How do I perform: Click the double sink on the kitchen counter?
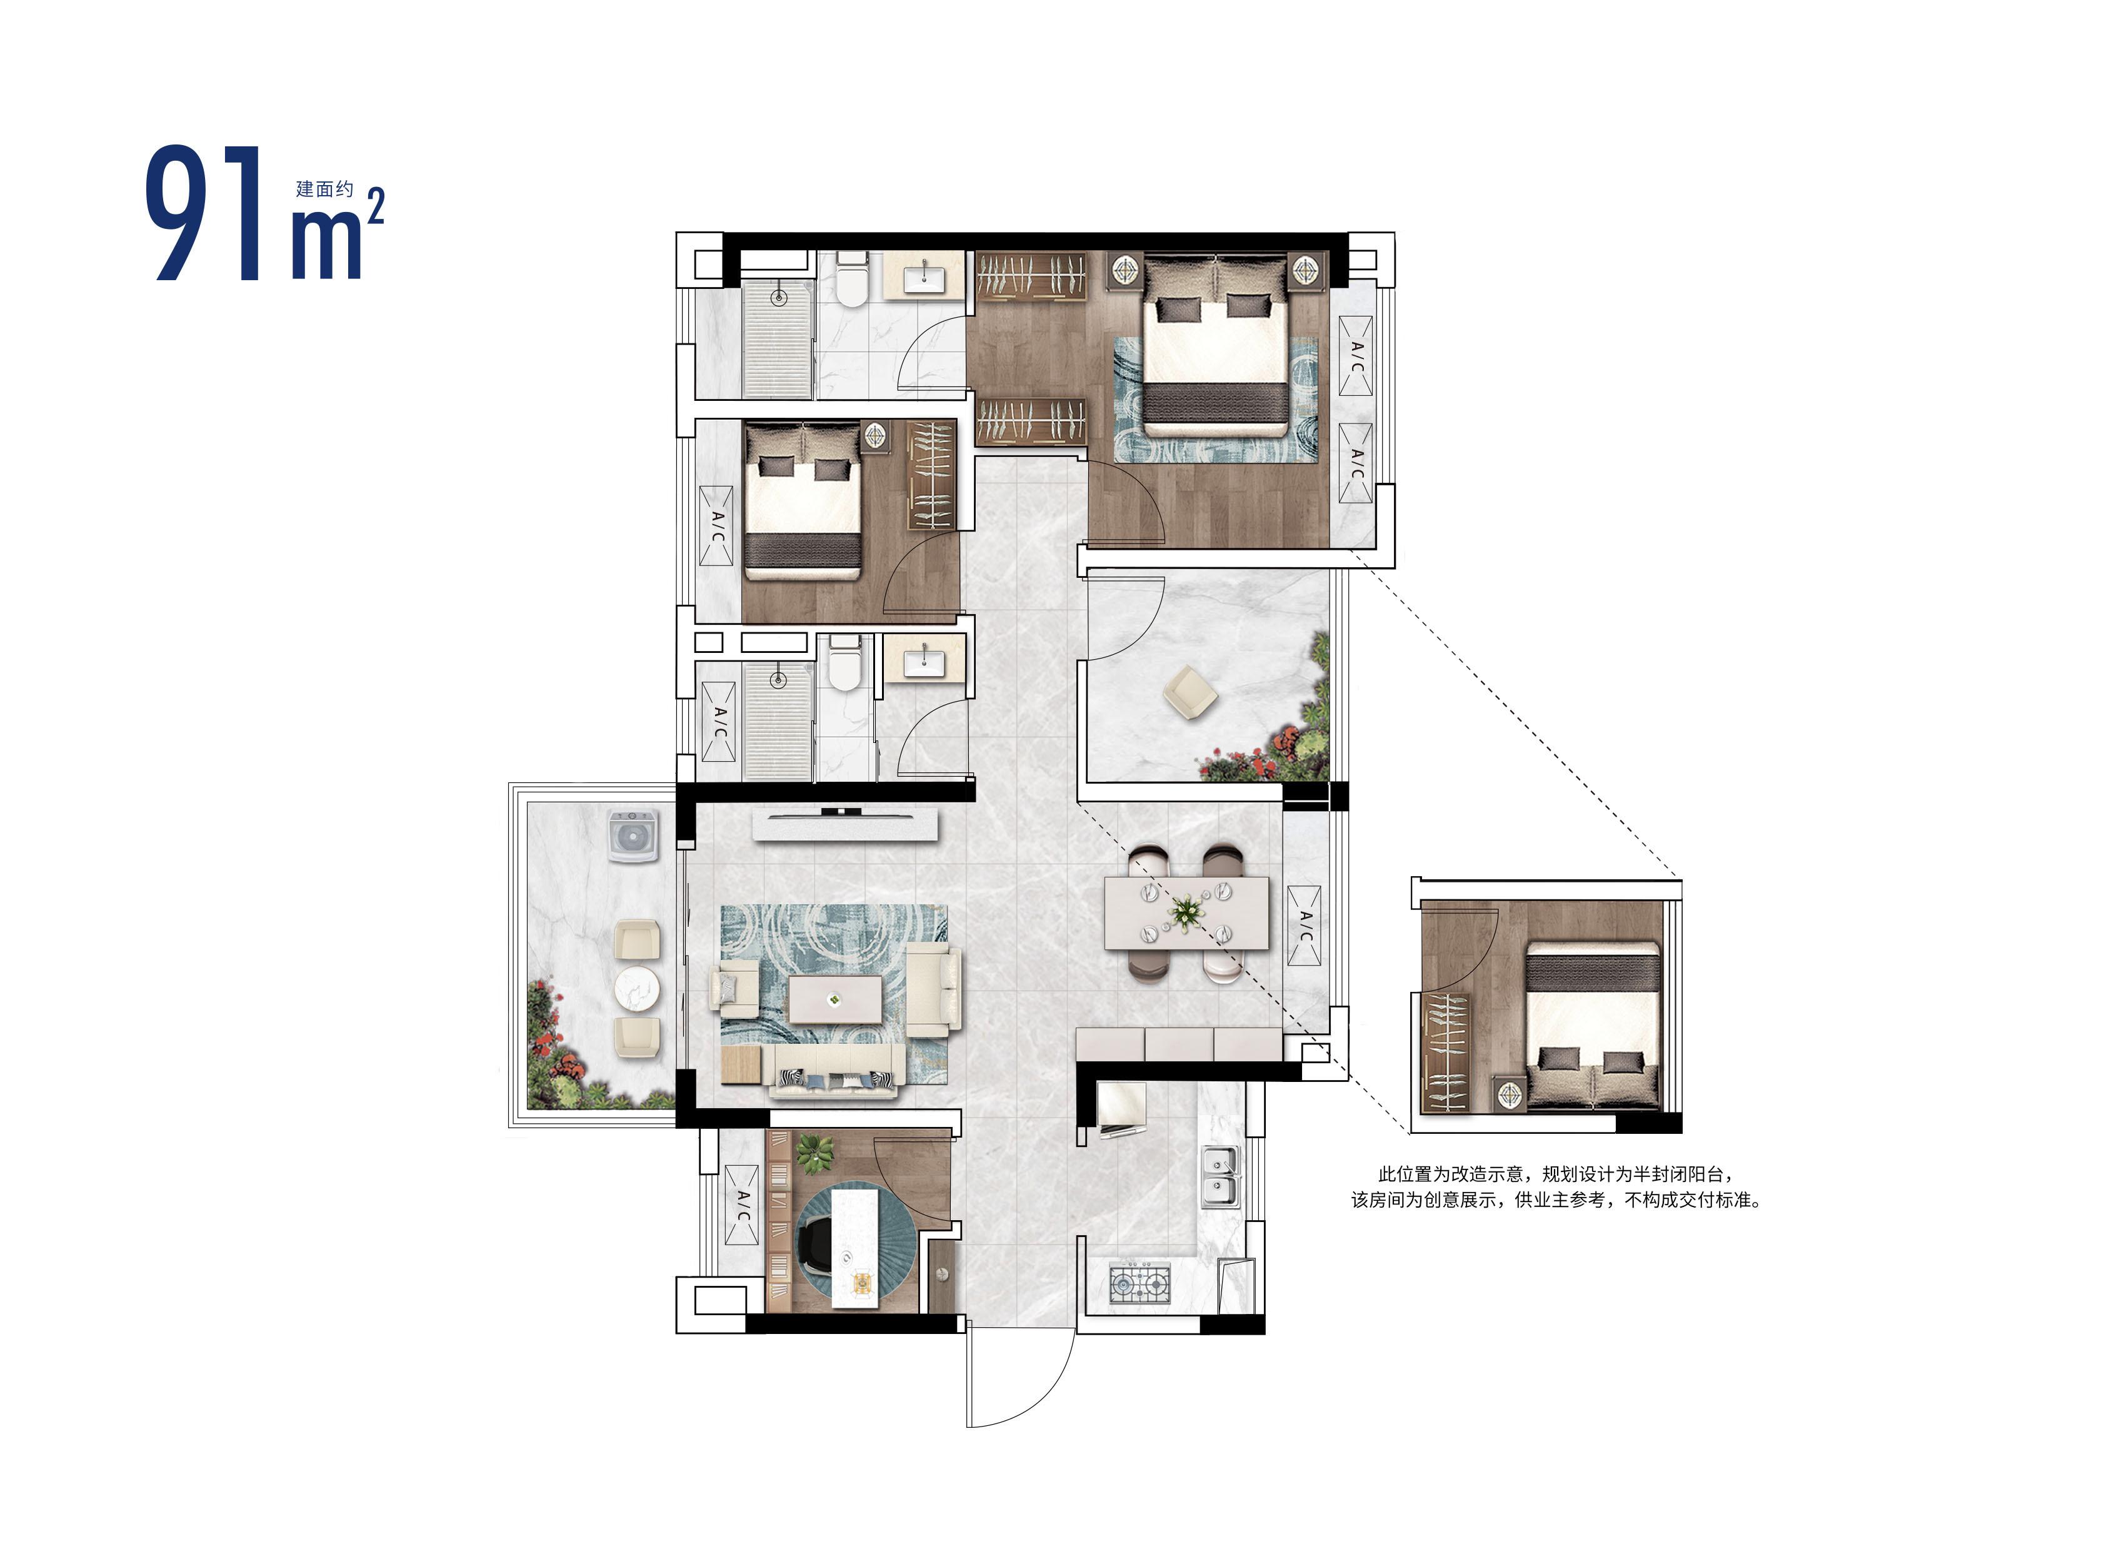1220,1178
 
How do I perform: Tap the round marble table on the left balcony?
637,989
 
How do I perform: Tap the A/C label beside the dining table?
1305,925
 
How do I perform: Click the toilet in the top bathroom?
851,280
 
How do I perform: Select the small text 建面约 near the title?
324,189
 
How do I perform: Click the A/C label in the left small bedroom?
716,526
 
